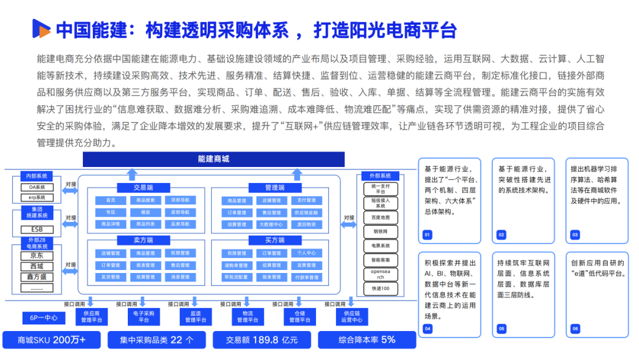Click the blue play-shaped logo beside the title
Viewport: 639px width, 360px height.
(x=40, y=28)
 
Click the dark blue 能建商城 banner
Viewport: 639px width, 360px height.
(x=214, y=159)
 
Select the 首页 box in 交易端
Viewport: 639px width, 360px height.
(x=111, y=201)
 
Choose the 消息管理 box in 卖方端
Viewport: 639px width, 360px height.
(x=179, y=277)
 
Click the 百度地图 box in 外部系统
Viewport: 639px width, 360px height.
(x=381, y=217)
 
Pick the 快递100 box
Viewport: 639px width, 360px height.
(x=381, y=288)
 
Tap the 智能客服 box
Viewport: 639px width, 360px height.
(x=381, y=260)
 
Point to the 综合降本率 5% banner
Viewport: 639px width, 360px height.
(x=366, y=340)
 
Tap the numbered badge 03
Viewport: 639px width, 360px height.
(x=575, y=235)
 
